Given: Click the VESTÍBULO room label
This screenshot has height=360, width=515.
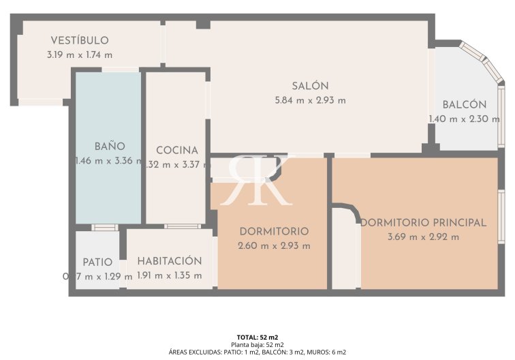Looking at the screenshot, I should pyautogui.click(x=80, y=41).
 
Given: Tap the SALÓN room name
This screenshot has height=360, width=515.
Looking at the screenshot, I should pyautogui.click(x=310, y=86).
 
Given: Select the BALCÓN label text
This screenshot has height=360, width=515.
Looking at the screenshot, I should pyautogui.click(x=464, y=105).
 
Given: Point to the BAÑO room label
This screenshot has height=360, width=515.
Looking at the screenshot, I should pyautogui.click(x=109, y=147).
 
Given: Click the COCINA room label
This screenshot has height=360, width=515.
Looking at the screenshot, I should pyautogui.click(x=176, y=151).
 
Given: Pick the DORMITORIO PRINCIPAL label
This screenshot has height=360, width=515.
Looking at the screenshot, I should pyautogui.click(x=423, y=223).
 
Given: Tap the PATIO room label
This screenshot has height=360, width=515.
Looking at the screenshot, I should pyautogui.click(x=97, y=262).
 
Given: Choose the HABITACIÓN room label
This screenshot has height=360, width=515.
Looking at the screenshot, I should pyautogui.click(x=170, y=261).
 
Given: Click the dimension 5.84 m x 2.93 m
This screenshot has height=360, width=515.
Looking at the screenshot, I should pyautogui.click(x=310, y=100).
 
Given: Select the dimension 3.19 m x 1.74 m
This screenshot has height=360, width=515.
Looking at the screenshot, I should pyautogui.click(x=80, y=55).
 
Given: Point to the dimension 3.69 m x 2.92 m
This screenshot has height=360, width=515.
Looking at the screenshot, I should pyautogui.click(x=423, y=237).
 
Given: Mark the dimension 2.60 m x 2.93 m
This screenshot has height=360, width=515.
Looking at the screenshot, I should pyautogui.click(x=274, y=246).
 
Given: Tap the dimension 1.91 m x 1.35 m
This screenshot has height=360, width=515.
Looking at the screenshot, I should pyautogui.click(x=170, y=275).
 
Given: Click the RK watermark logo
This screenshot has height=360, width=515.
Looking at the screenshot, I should pyautogui.click(x=258, y=180).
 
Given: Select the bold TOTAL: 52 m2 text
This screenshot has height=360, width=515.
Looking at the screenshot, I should pyautogui.click(x=257, y=337).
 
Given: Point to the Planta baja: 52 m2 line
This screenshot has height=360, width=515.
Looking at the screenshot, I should pyautogui.click(x=257, y=345).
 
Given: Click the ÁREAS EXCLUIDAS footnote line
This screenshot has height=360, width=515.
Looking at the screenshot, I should pyautogui.click(x=257, y=352).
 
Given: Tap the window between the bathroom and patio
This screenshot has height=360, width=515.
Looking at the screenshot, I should pyautogui.click(x=104, y=227).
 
